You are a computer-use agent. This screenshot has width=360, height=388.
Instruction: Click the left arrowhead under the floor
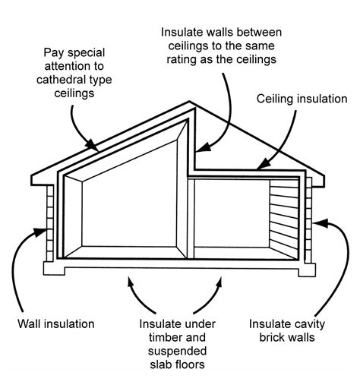tap(134, 282)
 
